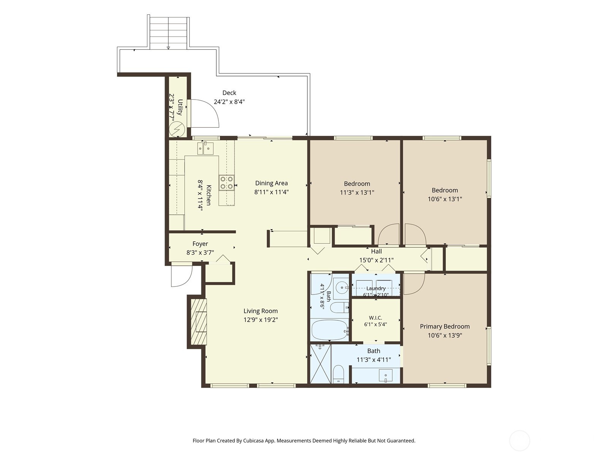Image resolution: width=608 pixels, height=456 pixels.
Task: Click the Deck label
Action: (x=229, y=93)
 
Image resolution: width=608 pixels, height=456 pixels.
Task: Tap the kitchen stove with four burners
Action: (x=226, y=183)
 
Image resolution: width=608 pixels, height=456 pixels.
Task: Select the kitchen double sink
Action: (x=205, y=148)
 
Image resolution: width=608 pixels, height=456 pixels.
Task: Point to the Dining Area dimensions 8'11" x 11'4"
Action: (x=271, y=192)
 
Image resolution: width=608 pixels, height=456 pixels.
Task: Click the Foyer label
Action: (x=200, y=244)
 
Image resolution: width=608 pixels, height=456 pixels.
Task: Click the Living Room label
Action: (x=261, y=311)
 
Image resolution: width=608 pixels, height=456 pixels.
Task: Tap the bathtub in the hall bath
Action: (x=330, y=330)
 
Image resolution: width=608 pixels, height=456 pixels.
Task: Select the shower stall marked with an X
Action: (x=320, y=364)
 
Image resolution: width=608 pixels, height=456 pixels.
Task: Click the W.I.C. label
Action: (x=375, y=318)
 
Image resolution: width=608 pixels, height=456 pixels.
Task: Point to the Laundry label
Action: (x=376, y=288)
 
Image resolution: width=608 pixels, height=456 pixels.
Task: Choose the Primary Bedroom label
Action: (x=445, y=326)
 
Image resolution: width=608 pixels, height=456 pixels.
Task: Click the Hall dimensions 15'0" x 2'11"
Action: (x=377, y=260)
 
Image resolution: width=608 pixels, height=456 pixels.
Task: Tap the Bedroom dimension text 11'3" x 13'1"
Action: (x=357, y=192)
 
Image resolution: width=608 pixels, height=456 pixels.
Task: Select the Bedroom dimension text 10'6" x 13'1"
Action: (x=445, y=199)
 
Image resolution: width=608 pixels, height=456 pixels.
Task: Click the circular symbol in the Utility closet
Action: (x=177, y=129)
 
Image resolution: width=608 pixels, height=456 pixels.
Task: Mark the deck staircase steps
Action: (x=168, y=33)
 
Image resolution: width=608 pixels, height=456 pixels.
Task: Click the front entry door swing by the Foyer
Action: (x=182, y=276)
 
